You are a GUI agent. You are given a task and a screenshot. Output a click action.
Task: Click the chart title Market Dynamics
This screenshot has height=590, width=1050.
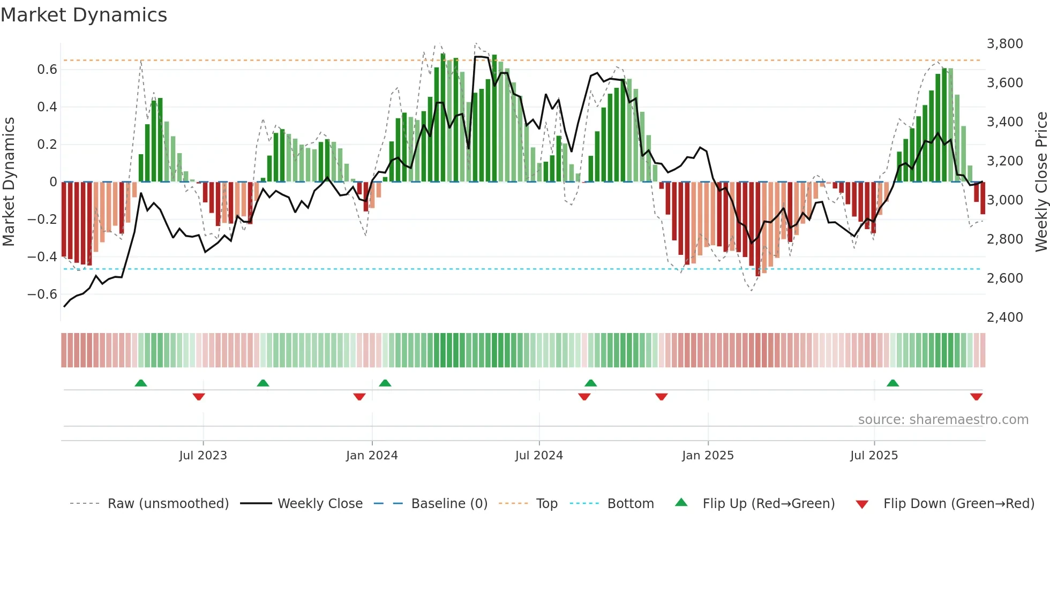tap(84, 15)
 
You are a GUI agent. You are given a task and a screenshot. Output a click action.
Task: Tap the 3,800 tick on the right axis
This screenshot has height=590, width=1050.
tap(1004, 44)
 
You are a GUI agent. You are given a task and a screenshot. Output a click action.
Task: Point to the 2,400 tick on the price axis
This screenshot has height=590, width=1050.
tap(1004, 317)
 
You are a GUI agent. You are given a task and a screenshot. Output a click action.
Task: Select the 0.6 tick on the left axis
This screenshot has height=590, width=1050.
tap(47, 70)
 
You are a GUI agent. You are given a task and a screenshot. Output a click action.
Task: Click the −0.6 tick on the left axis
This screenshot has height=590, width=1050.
tap(42, 294)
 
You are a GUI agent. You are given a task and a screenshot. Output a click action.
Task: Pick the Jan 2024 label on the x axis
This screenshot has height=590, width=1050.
tap(372, 456)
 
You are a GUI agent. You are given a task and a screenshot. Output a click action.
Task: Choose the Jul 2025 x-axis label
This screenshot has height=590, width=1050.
tap(874, 456)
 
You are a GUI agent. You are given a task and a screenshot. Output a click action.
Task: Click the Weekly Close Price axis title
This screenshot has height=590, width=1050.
tap(1041, 182)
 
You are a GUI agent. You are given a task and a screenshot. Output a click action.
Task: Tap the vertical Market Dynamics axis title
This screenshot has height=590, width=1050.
tap(9, 182)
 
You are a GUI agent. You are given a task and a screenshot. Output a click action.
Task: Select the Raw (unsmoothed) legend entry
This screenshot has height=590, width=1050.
tap(168, 504)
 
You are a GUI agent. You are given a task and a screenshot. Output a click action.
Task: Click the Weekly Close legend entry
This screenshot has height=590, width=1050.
tap(320, 504)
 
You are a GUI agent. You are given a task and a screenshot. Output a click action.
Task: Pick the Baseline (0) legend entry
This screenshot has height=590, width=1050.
tap(449, 504)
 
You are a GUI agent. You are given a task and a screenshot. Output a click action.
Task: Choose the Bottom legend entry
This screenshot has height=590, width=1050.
tap(630, 504)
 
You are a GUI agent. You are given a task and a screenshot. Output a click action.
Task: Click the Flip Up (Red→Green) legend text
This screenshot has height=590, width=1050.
tap(768, 504)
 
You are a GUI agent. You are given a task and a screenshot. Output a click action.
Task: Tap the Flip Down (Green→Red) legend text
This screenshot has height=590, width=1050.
tap(958, 504)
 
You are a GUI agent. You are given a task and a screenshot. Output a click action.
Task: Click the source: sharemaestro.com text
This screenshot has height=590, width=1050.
tap(943, 420)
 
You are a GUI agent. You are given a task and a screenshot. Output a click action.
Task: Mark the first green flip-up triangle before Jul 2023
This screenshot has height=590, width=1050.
tap(141, 383)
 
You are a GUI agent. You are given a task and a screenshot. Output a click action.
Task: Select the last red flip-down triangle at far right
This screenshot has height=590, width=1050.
tap(976, 397)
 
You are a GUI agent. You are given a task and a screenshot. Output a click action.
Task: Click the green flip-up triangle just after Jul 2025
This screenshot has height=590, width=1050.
tap(892, 383)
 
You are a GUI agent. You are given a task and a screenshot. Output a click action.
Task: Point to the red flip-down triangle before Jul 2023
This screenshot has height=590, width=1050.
tap(199, 397)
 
